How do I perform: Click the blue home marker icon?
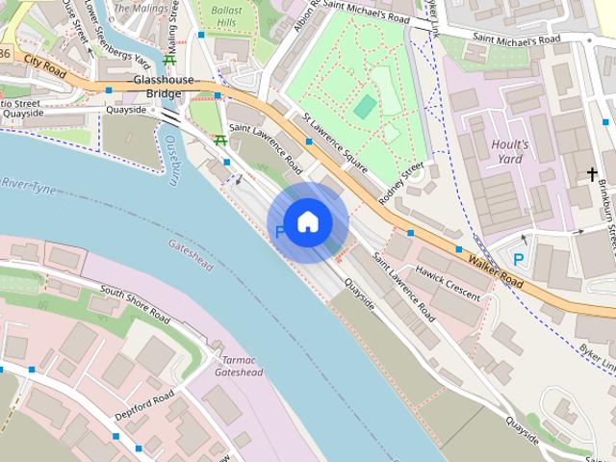(307, 221)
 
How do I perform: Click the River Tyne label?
(29, 183)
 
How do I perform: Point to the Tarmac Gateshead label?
(238, 365)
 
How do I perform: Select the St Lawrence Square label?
(335, 144)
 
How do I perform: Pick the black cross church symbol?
(592, 174)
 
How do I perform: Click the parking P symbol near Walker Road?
(519, 259)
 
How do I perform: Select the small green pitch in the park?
(364, 106)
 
